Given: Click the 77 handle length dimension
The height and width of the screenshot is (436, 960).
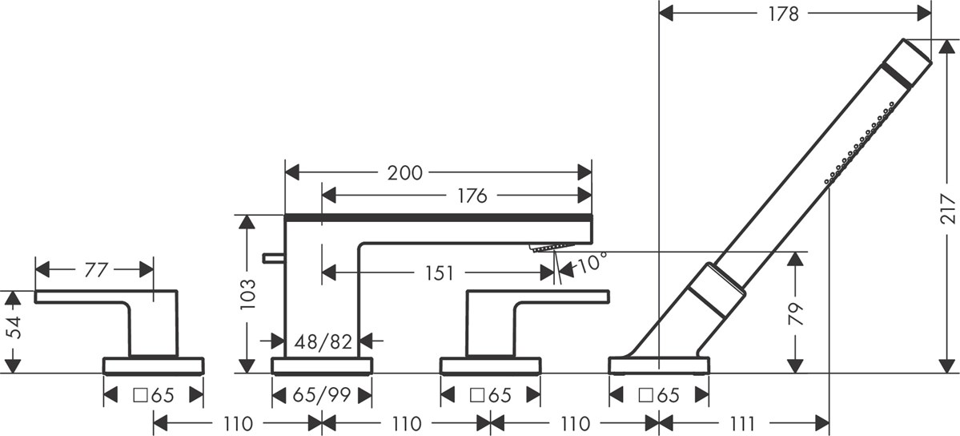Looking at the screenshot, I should pyautogui.click(x=95, y=270).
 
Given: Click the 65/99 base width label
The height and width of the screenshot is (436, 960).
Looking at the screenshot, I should pyautogui.click(x=322, y=395).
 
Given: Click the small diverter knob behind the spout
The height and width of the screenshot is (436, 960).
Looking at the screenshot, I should pyautogui.click(x=273, y=257).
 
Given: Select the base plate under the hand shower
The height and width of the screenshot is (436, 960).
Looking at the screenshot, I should pyautogui.click(x=659, y=366).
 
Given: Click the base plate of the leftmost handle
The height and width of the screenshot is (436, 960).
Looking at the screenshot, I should pyautogui.click(x=154, y=366).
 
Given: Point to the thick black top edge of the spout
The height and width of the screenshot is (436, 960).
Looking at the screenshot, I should pyautogui.click(x=438, y=216).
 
